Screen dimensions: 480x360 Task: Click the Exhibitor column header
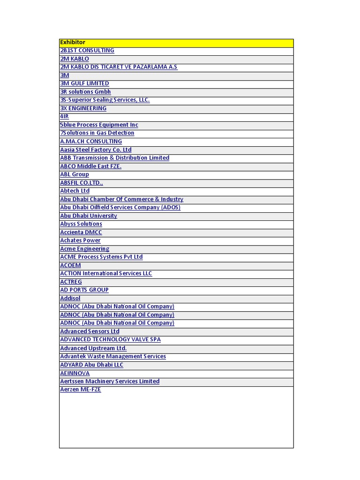click(73, 43)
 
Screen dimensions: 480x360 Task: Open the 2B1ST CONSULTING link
click(87, 51)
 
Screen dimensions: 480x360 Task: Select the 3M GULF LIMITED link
click(84, 83)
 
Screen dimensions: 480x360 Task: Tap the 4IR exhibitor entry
click(64, 117)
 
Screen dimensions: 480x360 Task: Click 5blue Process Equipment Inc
click(99, 125)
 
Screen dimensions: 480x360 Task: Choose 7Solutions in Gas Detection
click(97, 133)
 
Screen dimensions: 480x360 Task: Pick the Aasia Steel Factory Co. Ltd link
click(96, 150)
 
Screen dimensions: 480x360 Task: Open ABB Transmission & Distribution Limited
click(114, 158)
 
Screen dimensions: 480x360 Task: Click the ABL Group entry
click(75, 174)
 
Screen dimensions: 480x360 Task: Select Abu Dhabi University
click(89, 216)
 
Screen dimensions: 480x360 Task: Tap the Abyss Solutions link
click(81, 224)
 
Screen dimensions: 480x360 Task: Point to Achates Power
click(80, 240)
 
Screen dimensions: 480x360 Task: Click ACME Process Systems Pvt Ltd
click(101, 257)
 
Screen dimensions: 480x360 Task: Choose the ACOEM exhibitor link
click(70, 265)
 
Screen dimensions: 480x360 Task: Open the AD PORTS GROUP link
click(84, 290)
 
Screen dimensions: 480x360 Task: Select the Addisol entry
click(70, 298)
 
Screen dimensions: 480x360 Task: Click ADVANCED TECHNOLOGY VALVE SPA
click(110, 339)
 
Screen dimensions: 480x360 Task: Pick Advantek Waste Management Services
click(113, 356)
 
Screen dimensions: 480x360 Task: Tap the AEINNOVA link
click(75, 373)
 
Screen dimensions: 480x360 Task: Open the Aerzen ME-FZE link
click(81, 390)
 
